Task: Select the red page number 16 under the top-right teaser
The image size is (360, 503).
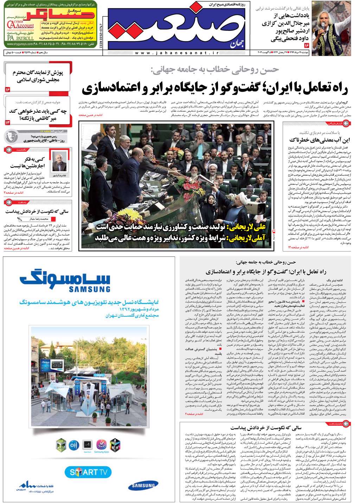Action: pos(306,45)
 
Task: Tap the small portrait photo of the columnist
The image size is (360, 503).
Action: pos(59,161)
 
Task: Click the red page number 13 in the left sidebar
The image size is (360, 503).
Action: pos(8,122)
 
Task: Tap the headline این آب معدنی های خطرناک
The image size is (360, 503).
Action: pos(320,140)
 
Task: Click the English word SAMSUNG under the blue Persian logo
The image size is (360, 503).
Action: pos(89,289)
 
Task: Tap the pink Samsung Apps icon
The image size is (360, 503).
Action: pos(102,444)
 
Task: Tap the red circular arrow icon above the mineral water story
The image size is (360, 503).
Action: pos(346,123)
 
